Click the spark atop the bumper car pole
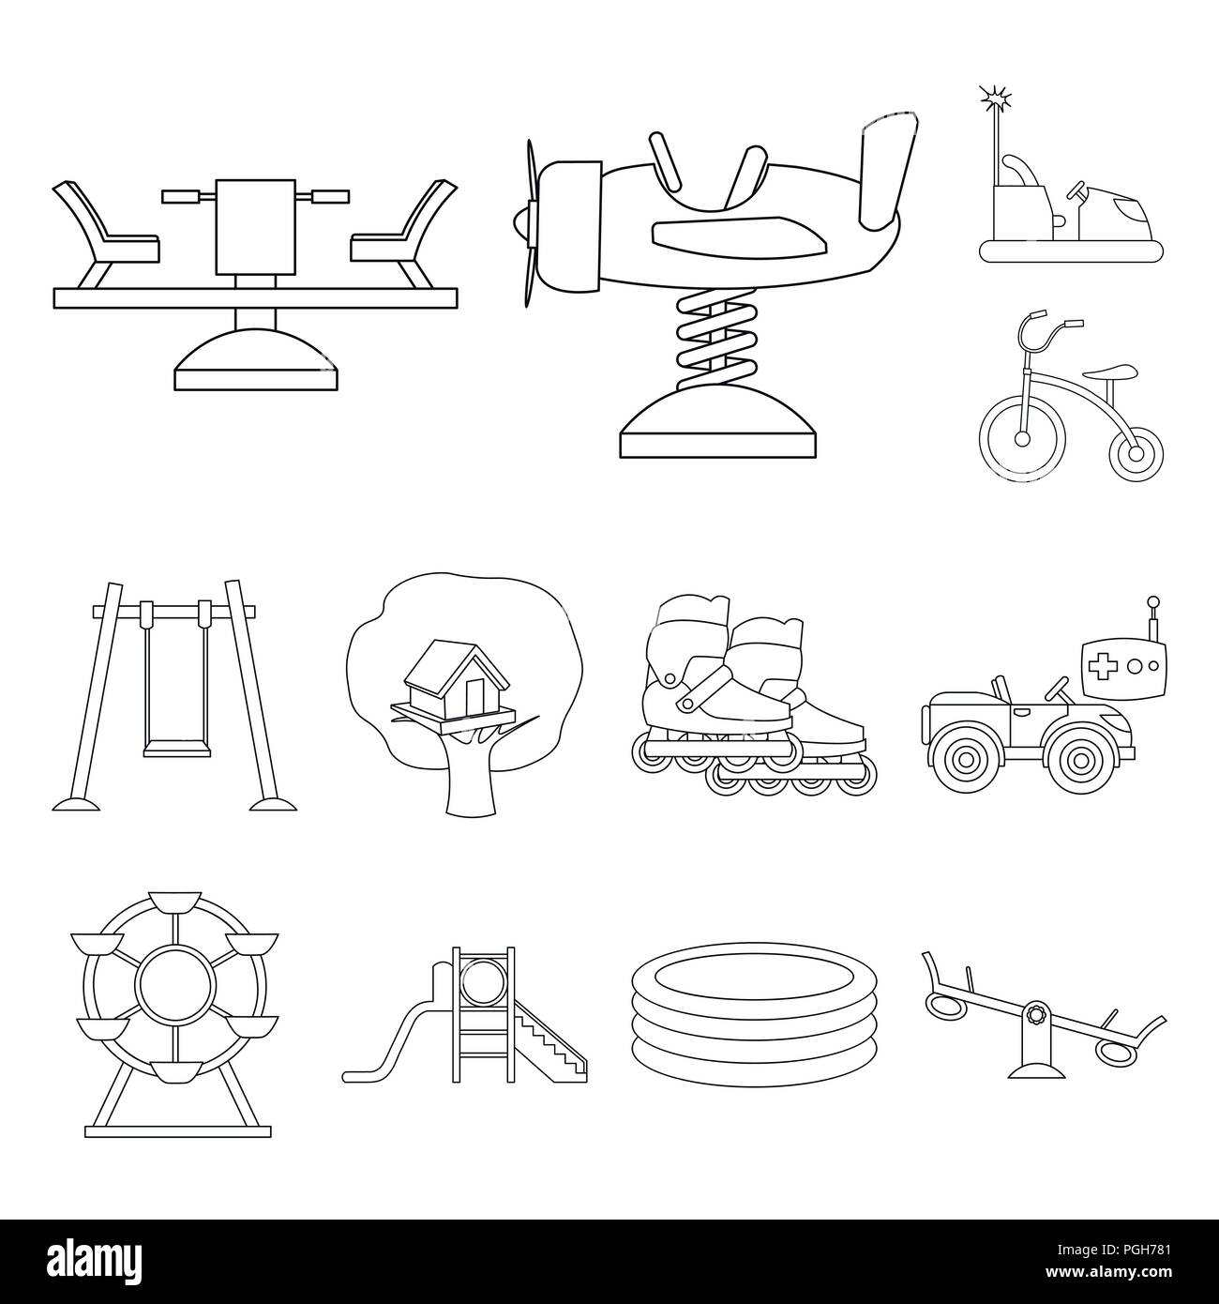click(x=994, y=96)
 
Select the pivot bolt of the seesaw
click(x=1036, y=1016)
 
